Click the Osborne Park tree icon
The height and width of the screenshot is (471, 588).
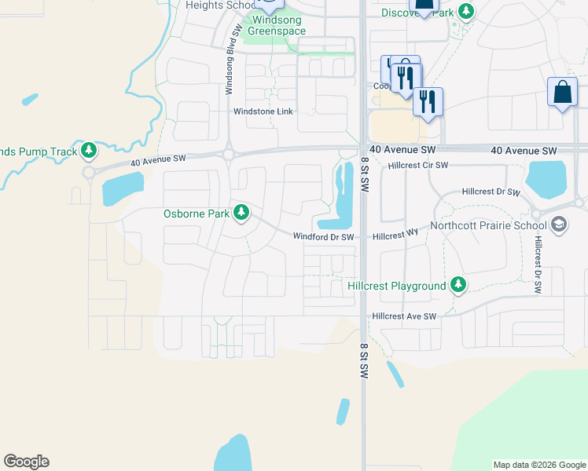(x=241, y=213)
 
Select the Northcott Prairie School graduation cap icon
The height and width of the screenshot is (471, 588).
(x=559, y=225)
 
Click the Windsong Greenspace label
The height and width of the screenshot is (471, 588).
(x=276, y=24)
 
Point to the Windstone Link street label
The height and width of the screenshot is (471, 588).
(x=263, y=111)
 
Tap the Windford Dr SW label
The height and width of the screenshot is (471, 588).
(x=324, y=236)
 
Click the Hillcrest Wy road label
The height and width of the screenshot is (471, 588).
(x=395, y=235)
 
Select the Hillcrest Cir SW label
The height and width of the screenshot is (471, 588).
(x=418, y=166)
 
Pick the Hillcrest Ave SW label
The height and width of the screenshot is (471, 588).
(x=404, y=316)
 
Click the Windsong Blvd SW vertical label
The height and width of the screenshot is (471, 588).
(x=230, y=59)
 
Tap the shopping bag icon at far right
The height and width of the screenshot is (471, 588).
(x=563, y=93)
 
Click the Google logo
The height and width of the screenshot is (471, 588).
(x=26, y=462)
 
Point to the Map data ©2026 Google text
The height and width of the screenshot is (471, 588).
(x=538, y=465)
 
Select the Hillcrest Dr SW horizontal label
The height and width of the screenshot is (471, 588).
(x=491, y=192)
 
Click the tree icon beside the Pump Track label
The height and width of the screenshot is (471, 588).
(x=89, y=150)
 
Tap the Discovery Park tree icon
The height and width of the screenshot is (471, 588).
(x=467, y=11)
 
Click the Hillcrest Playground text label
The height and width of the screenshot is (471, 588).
(x=397, y=287)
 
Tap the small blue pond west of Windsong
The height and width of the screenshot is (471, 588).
(x=30, y=100)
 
